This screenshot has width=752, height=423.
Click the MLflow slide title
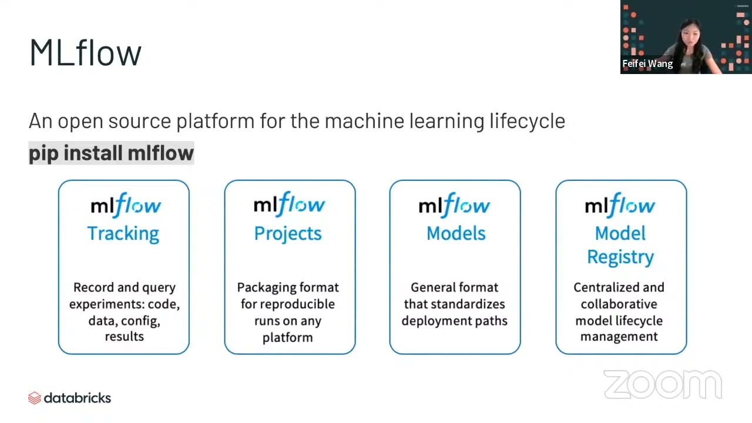[85, 52]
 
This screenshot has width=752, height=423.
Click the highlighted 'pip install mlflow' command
[111, 153]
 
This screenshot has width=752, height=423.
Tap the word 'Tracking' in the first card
[123, 233]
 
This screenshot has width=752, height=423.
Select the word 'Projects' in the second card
[288, 233]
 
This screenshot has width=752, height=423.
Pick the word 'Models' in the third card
[456, 233]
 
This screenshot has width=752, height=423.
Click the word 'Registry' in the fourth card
[620, 257]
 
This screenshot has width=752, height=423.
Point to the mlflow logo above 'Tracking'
[126, 205]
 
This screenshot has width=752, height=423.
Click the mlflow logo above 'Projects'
[289, 204]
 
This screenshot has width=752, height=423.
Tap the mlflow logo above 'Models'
[454, 205]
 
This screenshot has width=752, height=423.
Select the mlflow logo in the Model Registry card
[620, 205]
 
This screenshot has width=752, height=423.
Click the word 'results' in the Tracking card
[124, 337]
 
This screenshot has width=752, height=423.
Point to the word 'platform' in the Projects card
[287, 337]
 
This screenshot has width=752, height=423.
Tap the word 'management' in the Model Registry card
[619, 337]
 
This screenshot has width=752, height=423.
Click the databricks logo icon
[35, 398]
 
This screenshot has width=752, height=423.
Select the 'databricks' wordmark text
[77, 398]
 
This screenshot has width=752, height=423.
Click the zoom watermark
[663, 385]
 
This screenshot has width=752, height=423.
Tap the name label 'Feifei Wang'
[647, 63]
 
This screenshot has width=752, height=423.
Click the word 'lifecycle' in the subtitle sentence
[527, 120]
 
